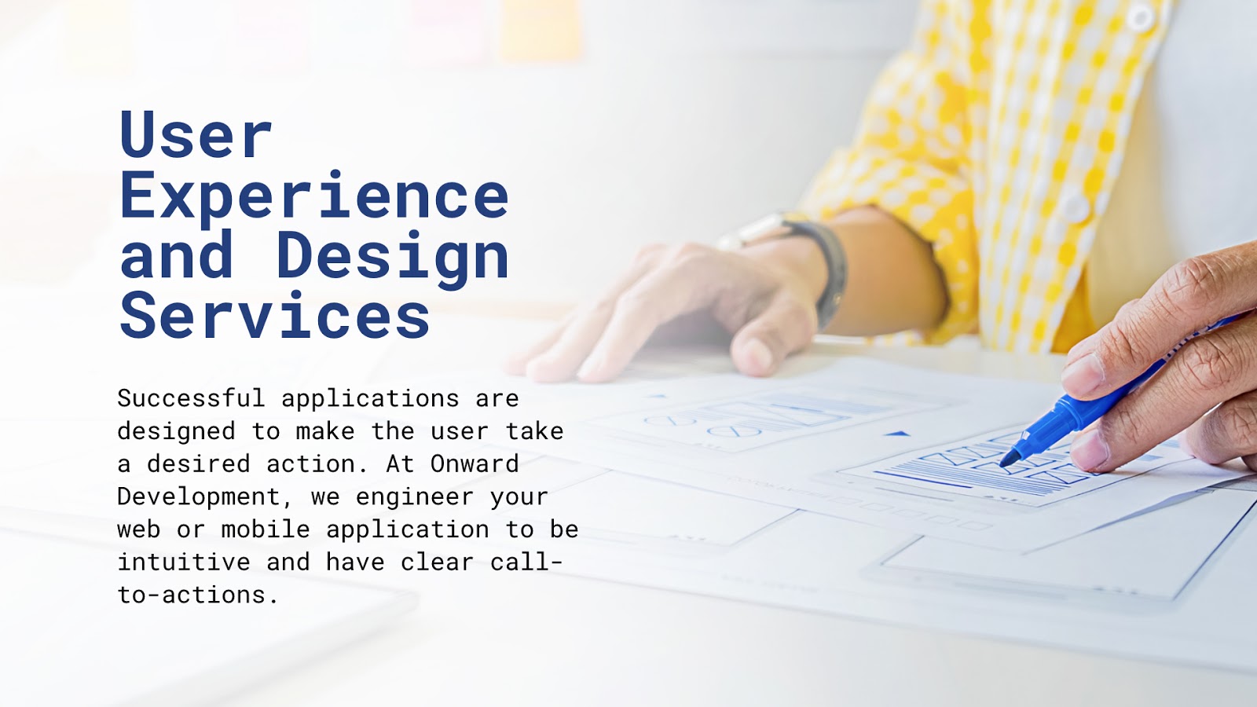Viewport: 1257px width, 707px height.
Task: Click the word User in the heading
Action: point(196,136)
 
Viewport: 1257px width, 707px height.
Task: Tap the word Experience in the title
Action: point(314,196)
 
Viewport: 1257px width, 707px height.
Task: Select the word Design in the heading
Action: point(393,257)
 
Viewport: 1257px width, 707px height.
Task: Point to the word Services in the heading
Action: point(275,317)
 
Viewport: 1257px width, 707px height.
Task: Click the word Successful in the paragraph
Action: point(191,398)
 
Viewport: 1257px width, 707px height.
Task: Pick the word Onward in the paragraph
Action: point(475,463)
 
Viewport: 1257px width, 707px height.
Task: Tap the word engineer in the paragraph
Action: point(414,497)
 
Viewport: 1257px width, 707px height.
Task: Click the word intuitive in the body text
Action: point(184,562)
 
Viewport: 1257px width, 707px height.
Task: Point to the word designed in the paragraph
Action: point(176,431)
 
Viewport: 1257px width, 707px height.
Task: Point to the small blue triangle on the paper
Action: point(898,433)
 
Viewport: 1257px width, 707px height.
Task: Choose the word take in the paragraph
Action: point(534,431)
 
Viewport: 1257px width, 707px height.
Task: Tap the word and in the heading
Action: point(177,257)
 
